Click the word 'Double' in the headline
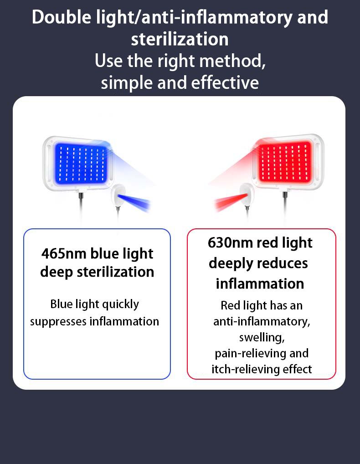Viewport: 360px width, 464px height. tap(62, 17)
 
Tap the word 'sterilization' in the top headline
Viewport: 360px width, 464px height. tap(180, 39)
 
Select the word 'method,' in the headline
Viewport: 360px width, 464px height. tap(232, 61)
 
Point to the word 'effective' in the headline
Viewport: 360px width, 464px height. tap(225, 82)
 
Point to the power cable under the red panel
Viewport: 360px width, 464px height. tap(285, 206)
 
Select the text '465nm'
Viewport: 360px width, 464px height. tap(64, 253)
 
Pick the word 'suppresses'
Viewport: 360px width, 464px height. tap(58, 322)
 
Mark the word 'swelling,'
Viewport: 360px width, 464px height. tap(262, 338)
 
